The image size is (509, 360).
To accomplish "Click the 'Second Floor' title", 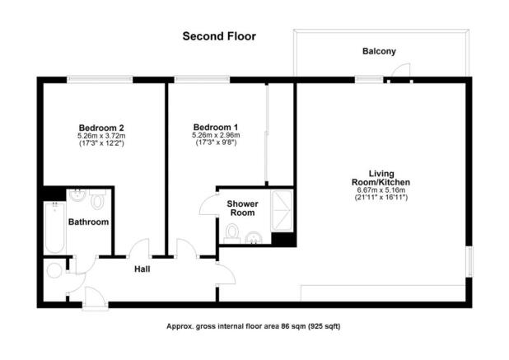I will pos(218,36).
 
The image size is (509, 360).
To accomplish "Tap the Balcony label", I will pos(379,51).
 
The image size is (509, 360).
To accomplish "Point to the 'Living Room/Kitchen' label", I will pos(381,177).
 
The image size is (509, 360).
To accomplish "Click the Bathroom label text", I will pos(88,222).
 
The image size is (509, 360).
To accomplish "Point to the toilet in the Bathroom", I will pos(97,200).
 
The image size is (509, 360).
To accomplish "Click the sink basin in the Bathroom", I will pos(77,196).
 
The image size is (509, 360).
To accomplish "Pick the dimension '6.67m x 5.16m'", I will pos(381,190).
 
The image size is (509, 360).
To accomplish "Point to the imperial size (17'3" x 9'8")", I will pos(215,143).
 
